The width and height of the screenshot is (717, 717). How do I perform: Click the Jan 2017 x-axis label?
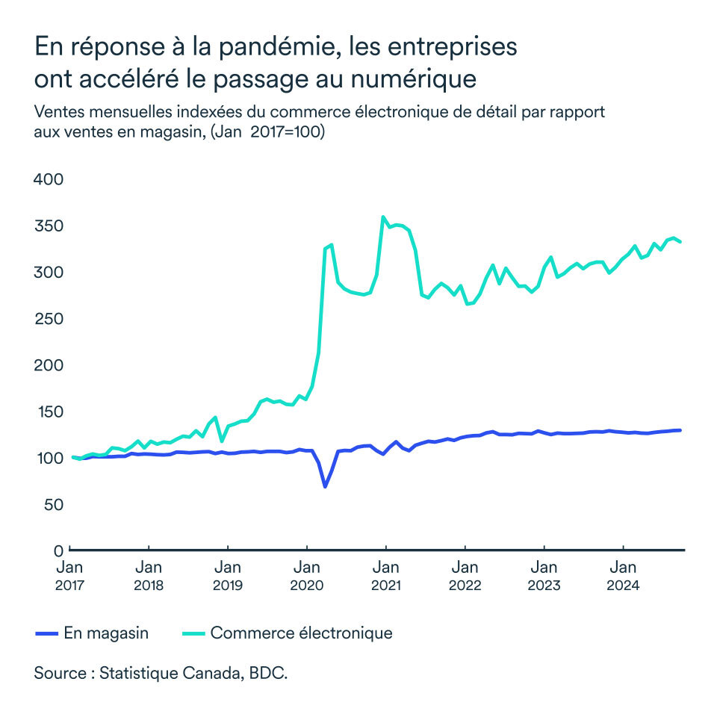tap(69, 576)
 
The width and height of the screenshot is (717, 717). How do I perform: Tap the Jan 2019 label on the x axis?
tap(228, 576)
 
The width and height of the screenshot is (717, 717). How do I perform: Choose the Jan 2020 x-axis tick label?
tap(307, 576)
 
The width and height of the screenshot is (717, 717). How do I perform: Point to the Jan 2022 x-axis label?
tap(465, 576)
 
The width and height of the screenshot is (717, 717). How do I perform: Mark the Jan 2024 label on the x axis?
tap(623, 576)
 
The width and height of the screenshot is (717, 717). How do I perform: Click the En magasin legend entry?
tap(93, 633)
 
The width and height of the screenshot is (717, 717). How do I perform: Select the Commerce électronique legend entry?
tap(288, 633)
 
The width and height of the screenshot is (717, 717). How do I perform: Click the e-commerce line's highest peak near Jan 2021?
tap(383, 217)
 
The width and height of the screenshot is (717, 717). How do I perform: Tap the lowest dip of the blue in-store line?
tap(325, 487)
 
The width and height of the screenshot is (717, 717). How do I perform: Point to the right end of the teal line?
tap(680, 242)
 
